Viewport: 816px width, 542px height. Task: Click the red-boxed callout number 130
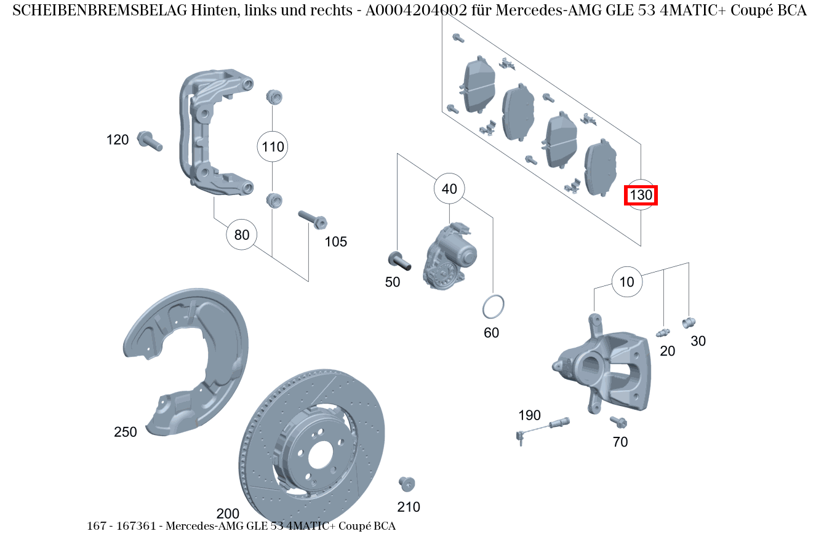point(641,195)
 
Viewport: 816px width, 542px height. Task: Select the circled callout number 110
point(272,146)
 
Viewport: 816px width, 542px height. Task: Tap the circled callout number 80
point(242,234)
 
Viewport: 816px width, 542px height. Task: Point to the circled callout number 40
point(449,189)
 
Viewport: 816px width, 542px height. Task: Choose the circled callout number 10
point(626,282)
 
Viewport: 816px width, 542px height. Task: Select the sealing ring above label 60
point(492,306)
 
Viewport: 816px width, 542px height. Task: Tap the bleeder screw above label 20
point(663,333)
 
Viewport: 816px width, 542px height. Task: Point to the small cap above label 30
point(688,321)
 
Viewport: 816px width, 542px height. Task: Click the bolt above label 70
point(618,421)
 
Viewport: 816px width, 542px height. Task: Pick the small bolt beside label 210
point(406,483)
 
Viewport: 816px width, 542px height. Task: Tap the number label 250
point(126,432)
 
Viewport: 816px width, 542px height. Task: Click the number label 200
point(228,514)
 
